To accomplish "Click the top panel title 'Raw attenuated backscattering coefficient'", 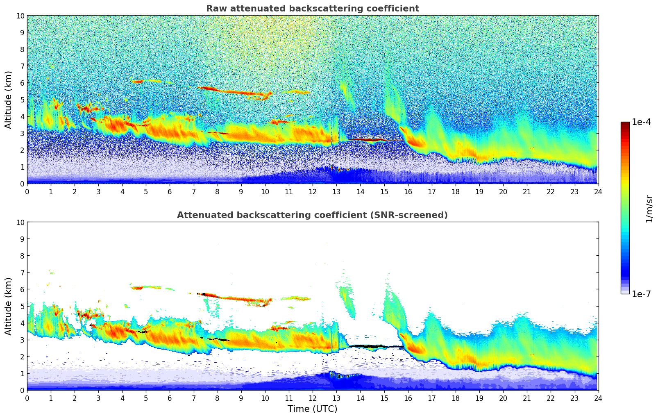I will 312,9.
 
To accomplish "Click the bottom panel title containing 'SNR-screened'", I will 312,215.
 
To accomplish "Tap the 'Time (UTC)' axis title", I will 312,409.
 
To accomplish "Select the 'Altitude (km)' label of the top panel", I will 9,100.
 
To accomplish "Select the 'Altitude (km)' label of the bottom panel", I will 9,306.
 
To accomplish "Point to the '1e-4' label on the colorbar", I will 642,122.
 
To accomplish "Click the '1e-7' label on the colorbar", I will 642,294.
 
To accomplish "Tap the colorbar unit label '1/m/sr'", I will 649,209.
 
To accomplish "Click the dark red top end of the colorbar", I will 625,124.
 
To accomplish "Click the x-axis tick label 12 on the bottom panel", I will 313,398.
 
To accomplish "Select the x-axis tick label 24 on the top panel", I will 598,192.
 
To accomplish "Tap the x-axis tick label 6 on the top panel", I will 170,192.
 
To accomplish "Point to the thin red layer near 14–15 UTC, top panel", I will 369,140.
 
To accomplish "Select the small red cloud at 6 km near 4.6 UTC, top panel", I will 137,82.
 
